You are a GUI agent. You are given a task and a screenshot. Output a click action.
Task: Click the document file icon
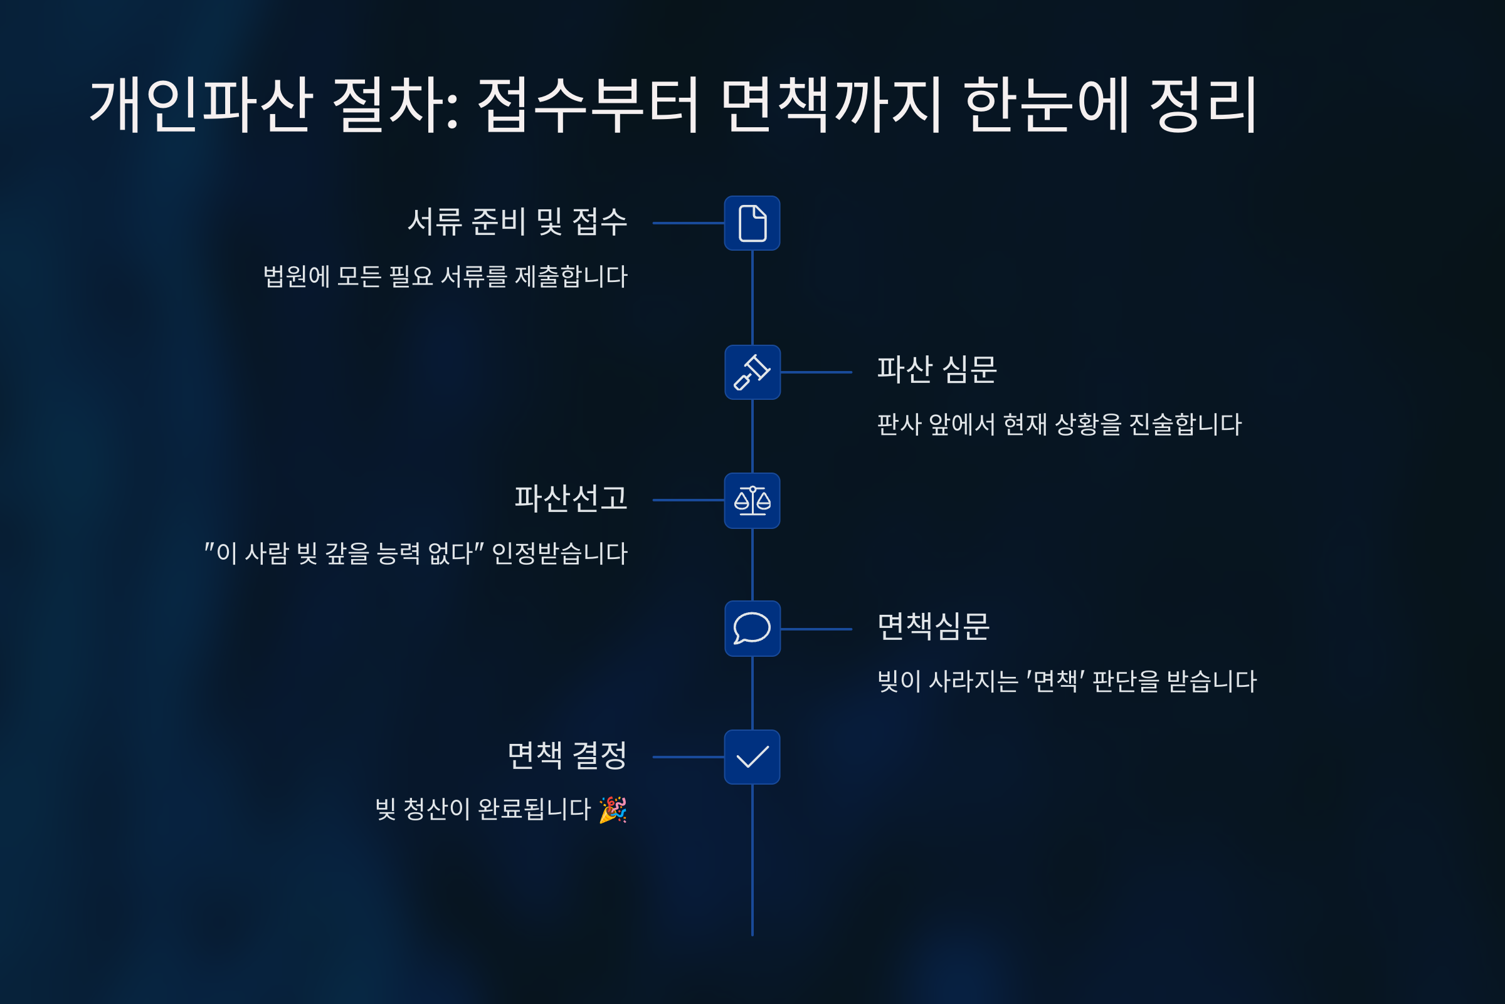[751, 223]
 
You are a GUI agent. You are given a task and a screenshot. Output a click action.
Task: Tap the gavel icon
[751, 372]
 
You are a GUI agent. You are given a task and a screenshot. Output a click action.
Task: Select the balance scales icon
[751, 500]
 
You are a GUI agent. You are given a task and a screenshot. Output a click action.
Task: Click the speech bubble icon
[751, 628]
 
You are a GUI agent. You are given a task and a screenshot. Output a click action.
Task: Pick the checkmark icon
[751, 757]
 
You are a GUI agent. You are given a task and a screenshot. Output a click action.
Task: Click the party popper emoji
[613, 809]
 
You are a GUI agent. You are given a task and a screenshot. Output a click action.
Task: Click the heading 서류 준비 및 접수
[517, 222]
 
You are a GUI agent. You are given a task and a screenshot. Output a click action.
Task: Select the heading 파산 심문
[936, 370]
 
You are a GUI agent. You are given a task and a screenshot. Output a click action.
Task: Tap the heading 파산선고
[571, 498]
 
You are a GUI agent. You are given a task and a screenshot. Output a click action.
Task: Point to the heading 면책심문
[933, 626]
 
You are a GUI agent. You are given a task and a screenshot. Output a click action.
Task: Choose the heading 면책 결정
[567, 756]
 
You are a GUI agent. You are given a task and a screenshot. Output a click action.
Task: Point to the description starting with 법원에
[445, 276]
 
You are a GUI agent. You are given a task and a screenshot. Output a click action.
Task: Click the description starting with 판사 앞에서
[1059, 424]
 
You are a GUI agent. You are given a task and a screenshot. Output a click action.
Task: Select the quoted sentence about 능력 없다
[416, 553]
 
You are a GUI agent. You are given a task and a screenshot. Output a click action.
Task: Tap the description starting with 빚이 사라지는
[1067, 681]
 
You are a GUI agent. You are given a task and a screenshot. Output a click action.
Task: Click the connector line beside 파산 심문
[816, 372]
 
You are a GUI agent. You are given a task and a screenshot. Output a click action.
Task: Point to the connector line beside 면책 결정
[688, 757]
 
